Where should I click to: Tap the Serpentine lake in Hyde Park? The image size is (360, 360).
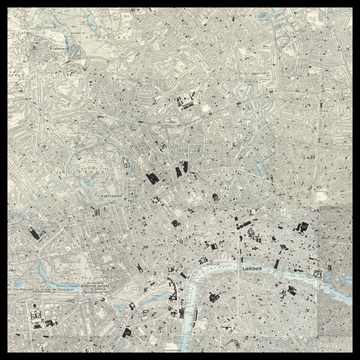pos(100,252)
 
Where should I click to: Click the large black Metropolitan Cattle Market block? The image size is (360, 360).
pos(184,100)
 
